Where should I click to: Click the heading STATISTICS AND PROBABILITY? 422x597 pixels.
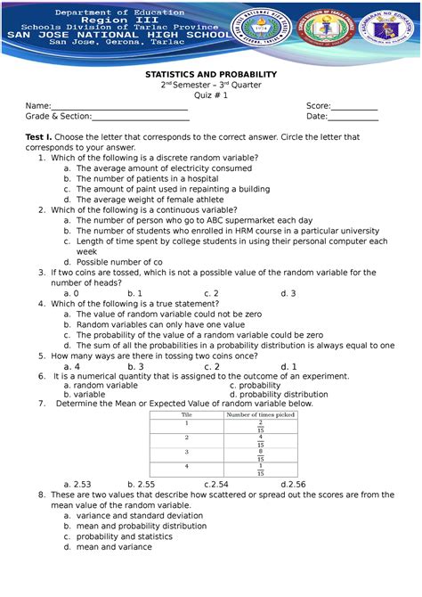(x=211, y=74)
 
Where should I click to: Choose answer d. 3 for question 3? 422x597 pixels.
(x=288, y=292)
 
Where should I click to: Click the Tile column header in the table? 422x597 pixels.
(x=187, y=415)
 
